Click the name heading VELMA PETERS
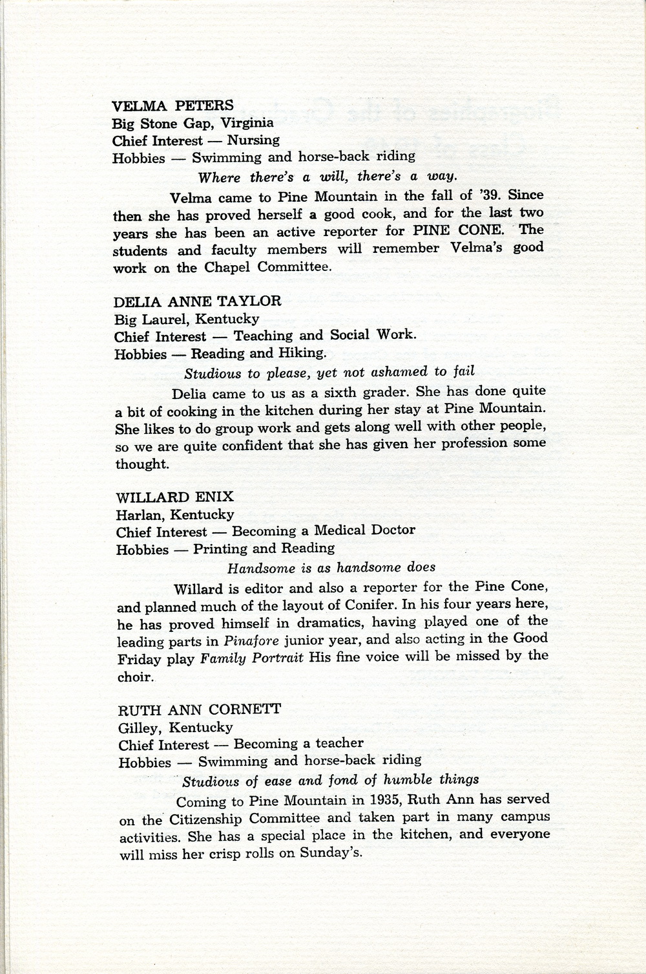pos(172,105)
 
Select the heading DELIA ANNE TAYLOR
pos(198,301)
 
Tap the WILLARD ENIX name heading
pos(174,497)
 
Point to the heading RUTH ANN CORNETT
pos(199,709)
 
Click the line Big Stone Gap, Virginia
pos(193,123)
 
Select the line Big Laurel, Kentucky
pos(187,319)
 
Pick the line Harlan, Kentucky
pos(174,515)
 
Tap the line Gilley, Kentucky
pos(175,727)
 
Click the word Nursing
pos(253,140)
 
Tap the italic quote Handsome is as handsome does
pos(331,567)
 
